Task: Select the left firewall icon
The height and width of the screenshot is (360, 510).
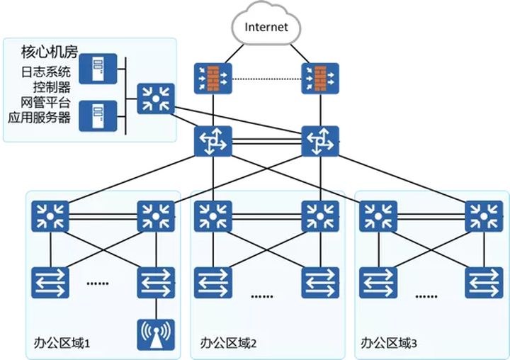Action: pyautogui.click(x=213, y=79)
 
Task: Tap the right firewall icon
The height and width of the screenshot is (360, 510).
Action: pyautogui.click(x=320, y=79)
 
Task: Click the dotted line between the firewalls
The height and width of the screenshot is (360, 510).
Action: pyautogui.click(x=267, y=79)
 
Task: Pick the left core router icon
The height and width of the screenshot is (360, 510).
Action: pyautogui.click(x=213, y=141)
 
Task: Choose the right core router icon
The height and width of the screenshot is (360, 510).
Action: pyautogui.click(x=320, y=141)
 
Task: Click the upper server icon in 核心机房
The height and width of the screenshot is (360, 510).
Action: pyautogui.click(x=98, y=69)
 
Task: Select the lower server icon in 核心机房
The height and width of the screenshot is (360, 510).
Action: pyautogui.click(x=98, y=116)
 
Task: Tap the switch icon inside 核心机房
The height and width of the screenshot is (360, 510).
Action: pyautogui.click(x=156, y=99)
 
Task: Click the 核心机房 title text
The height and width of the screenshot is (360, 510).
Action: pyautogui.click(x=50, y=52)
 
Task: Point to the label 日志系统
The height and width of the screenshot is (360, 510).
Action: pyautogui.click(x=45, y=72)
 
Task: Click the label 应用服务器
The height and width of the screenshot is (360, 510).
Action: pyautogui.click(x=39, y=117)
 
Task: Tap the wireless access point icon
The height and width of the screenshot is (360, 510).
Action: pyautogui.click(x=156, y=334)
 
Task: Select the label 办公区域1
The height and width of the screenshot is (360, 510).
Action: pyautogui.click(x=62, y=343)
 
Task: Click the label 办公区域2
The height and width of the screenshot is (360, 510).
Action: pyautogui.click(x=228, y=343)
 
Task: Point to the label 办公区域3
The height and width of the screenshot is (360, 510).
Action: pyautogui.click(x=389, y=343)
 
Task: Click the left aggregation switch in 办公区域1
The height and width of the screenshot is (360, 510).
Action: pyautogui.click(x=50, y=216)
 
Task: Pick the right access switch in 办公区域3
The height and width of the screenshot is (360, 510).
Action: pyautogui.click(x=484, y=283)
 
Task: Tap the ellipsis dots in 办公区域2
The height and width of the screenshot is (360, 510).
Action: pyautogui.click(x=262, y=296)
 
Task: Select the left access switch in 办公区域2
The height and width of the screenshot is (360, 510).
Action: pyautogui.click(x=213, y=283)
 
